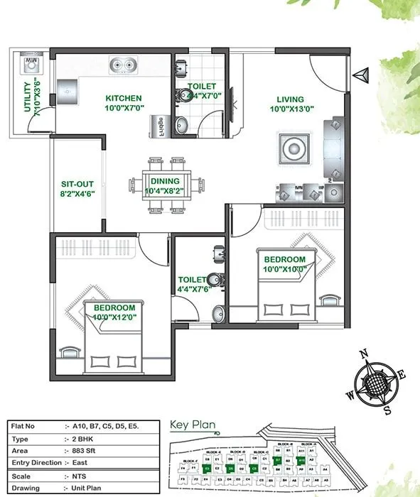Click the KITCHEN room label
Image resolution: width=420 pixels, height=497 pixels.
(124, 98)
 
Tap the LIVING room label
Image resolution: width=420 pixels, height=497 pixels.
(291, 99)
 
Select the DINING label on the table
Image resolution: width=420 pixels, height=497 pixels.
(164, 181)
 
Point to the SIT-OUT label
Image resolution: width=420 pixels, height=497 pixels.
(77, 183)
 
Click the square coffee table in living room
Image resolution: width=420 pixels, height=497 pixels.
(293, 149)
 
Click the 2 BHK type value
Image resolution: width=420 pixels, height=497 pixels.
(83, 439)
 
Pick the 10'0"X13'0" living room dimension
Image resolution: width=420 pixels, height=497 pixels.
(291, 109)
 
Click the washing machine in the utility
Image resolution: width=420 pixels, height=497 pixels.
(31, 63)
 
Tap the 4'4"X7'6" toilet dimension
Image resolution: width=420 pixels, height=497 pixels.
(193, 290)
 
